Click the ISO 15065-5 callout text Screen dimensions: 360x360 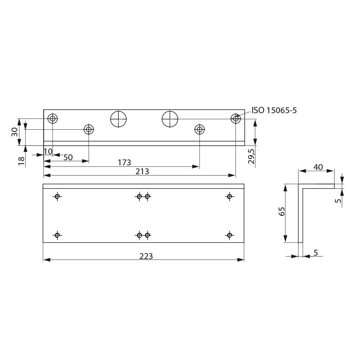pyautogui.click(x=274, y=111)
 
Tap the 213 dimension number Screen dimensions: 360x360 pyautogui.click(x=142, y=171)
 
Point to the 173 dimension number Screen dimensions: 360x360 pyautogui.click(x=125, y=162)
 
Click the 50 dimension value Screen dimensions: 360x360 pyautogui.click(x=68, y=157)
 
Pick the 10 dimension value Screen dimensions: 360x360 pyautogui.click(x=47, y=151)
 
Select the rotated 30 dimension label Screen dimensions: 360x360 pyautogui.click(x=15, y=132)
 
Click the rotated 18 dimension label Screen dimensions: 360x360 pyautogui.click(x=22, y=160)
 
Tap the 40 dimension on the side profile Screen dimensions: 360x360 pyautogui.click(x=318, y=167)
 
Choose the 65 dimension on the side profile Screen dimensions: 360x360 pyautogui.click(x=282, y=212)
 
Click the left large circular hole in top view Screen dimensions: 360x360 pyautogui.click(x=119, y=119)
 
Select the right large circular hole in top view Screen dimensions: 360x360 pyautogui.click(x=170, y=119)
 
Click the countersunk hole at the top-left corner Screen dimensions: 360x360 pyautogui.click(x=53, y=118)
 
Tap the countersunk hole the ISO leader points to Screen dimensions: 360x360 pyautogui.click(x=236, y=118)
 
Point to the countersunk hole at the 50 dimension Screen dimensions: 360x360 pyautogui.click(x=89, y=129)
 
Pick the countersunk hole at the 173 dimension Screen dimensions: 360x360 pyautogui.click(x=199, y=129)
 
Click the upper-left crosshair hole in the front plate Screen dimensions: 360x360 pyautogui.click(x=58, y=196)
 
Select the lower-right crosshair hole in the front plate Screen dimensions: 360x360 pyautogui.click(x=229, y=235)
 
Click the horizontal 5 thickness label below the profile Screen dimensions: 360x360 pyautogui.click(x=315, y=253)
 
